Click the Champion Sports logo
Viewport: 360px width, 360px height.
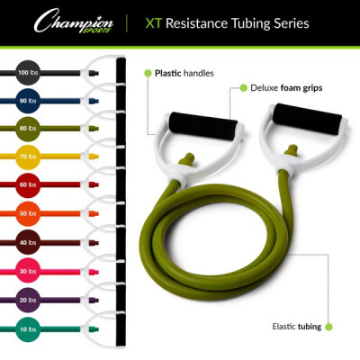74,21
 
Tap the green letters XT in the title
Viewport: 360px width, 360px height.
154,23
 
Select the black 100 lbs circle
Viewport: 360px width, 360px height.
28,73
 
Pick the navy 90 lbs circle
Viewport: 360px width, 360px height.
28,101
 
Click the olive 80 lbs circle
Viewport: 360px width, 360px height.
28,129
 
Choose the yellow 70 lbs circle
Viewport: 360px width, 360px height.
28,157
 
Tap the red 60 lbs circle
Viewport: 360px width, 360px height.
28,185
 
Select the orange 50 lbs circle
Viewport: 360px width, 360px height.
28,213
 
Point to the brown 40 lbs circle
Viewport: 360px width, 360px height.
28,242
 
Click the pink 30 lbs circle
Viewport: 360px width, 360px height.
28,271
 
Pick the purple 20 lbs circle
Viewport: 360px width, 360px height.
28,300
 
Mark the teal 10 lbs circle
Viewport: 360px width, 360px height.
28,329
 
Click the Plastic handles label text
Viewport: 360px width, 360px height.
184,74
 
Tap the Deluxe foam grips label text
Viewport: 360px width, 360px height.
286,88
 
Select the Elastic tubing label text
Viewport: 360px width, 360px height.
297,327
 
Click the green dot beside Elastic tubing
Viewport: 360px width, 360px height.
328,327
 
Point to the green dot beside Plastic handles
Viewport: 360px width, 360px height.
148,73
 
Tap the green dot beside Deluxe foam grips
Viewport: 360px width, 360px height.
244,88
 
